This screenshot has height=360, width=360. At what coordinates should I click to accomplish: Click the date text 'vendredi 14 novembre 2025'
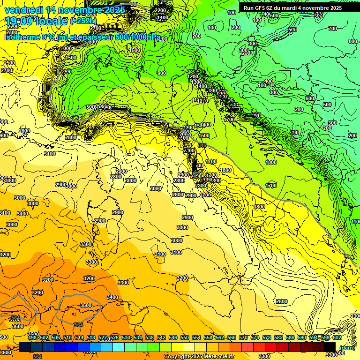[x=65, y=10]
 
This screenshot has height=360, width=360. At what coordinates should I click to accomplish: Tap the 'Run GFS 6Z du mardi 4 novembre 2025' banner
[x=292, y=8]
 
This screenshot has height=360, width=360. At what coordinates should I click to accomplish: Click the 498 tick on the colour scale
[x=32, y=337]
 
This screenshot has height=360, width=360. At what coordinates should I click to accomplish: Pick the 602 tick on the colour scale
[x=337, y=337]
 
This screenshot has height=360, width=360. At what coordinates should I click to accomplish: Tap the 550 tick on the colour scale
[x=185, y=337]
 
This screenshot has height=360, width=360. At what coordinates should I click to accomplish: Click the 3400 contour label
[x=112, y=297]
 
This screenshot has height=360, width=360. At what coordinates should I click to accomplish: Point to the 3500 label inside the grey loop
[x=86, y=305]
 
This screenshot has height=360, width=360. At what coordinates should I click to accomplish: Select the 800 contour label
[x=353, y=42]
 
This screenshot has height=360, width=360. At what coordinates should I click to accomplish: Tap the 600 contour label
[x=310, y=98]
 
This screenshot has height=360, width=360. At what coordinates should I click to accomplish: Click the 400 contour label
[x=268, y=81]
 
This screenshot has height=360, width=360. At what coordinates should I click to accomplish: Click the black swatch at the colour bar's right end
[x=330, y=347]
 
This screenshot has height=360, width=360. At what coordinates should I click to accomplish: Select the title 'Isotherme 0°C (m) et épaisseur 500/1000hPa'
[x=82, y=37]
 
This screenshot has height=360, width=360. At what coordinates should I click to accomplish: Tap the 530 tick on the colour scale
[x=126, y=337]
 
